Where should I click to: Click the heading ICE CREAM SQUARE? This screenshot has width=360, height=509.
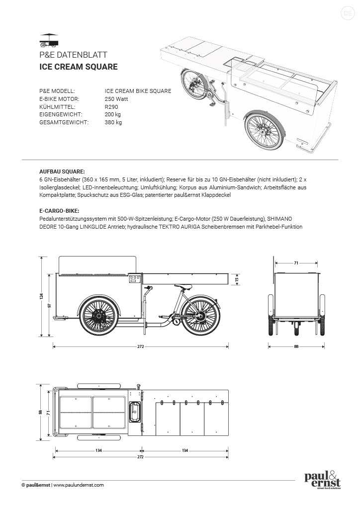coord(78,67)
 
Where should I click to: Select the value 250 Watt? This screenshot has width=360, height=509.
coord(116,99)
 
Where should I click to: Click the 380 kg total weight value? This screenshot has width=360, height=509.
coord(113,122)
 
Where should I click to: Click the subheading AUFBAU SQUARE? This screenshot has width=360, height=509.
coord(62,170)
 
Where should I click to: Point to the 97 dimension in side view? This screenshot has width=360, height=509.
coord(50,305)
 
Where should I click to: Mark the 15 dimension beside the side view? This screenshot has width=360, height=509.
coord(237,279)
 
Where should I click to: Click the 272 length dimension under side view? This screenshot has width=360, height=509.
coord(141,346)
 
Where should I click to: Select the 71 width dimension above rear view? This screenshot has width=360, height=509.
coord(296,262)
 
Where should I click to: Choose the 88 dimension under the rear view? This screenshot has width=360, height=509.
coord(296,346)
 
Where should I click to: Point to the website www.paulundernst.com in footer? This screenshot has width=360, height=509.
coord(79,485)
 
